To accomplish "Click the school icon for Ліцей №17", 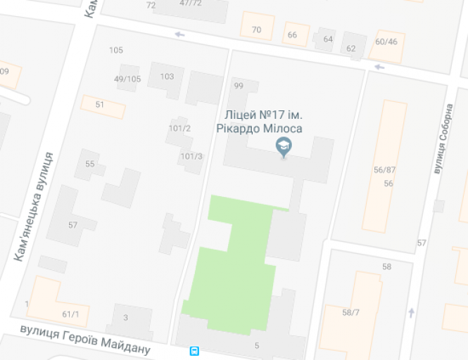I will [284, 146].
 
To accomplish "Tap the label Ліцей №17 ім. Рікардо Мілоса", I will [263, 122].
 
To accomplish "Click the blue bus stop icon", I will [194, 351].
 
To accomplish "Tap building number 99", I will [238, 86].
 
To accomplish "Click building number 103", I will [167, 77].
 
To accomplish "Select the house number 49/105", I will [127, 79].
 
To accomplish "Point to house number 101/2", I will [180, 128].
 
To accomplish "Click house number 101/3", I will [191, 156].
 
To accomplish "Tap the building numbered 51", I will [100, 105].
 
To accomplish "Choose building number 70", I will [256, 30].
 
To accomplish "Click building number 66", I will [293, 35].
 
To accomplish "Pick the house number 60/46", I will [386, 41].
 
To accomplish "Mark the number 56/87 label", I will [385, 169].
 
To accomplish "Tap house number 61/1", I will [70, 314].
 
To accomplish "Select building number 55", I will [90, 164].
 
